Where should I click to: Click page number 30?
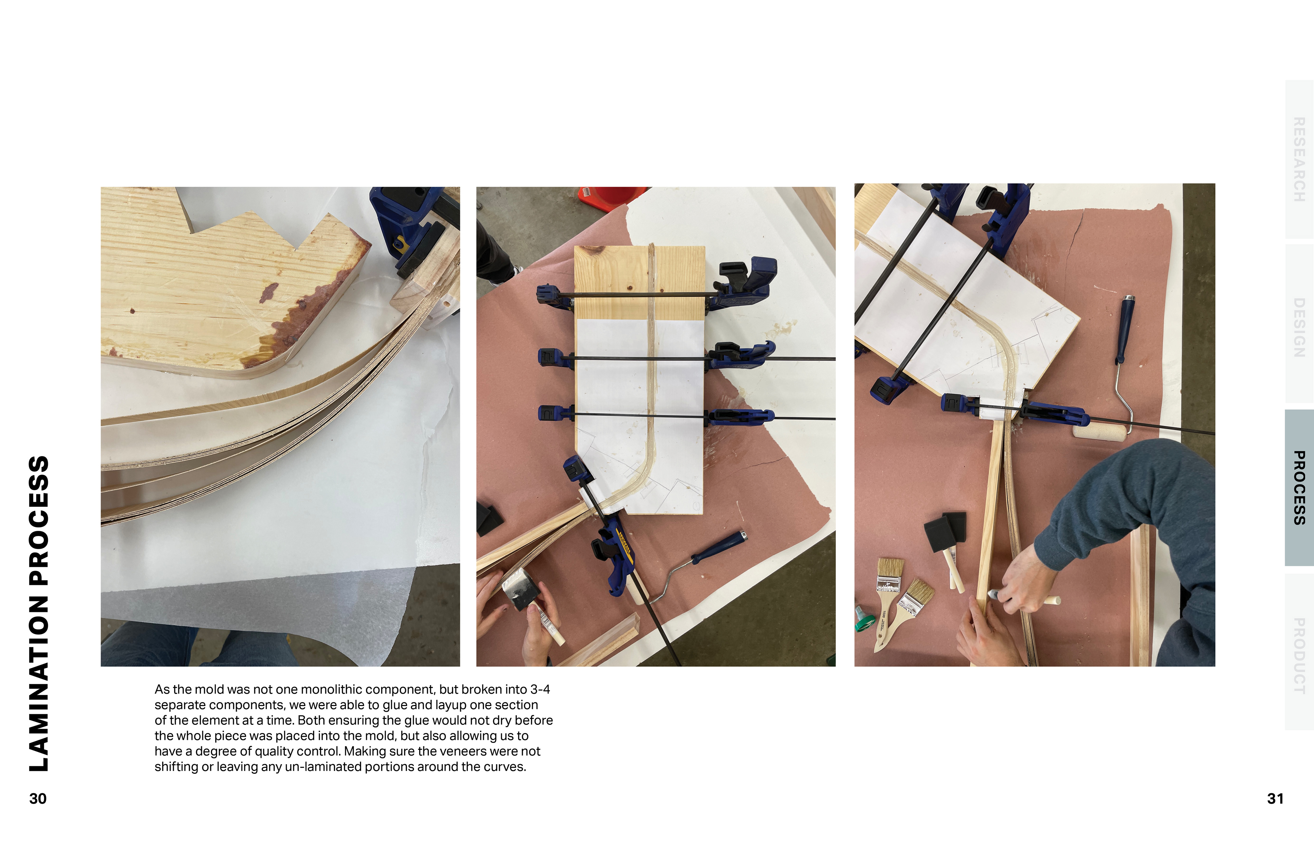tap(38, 799)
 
